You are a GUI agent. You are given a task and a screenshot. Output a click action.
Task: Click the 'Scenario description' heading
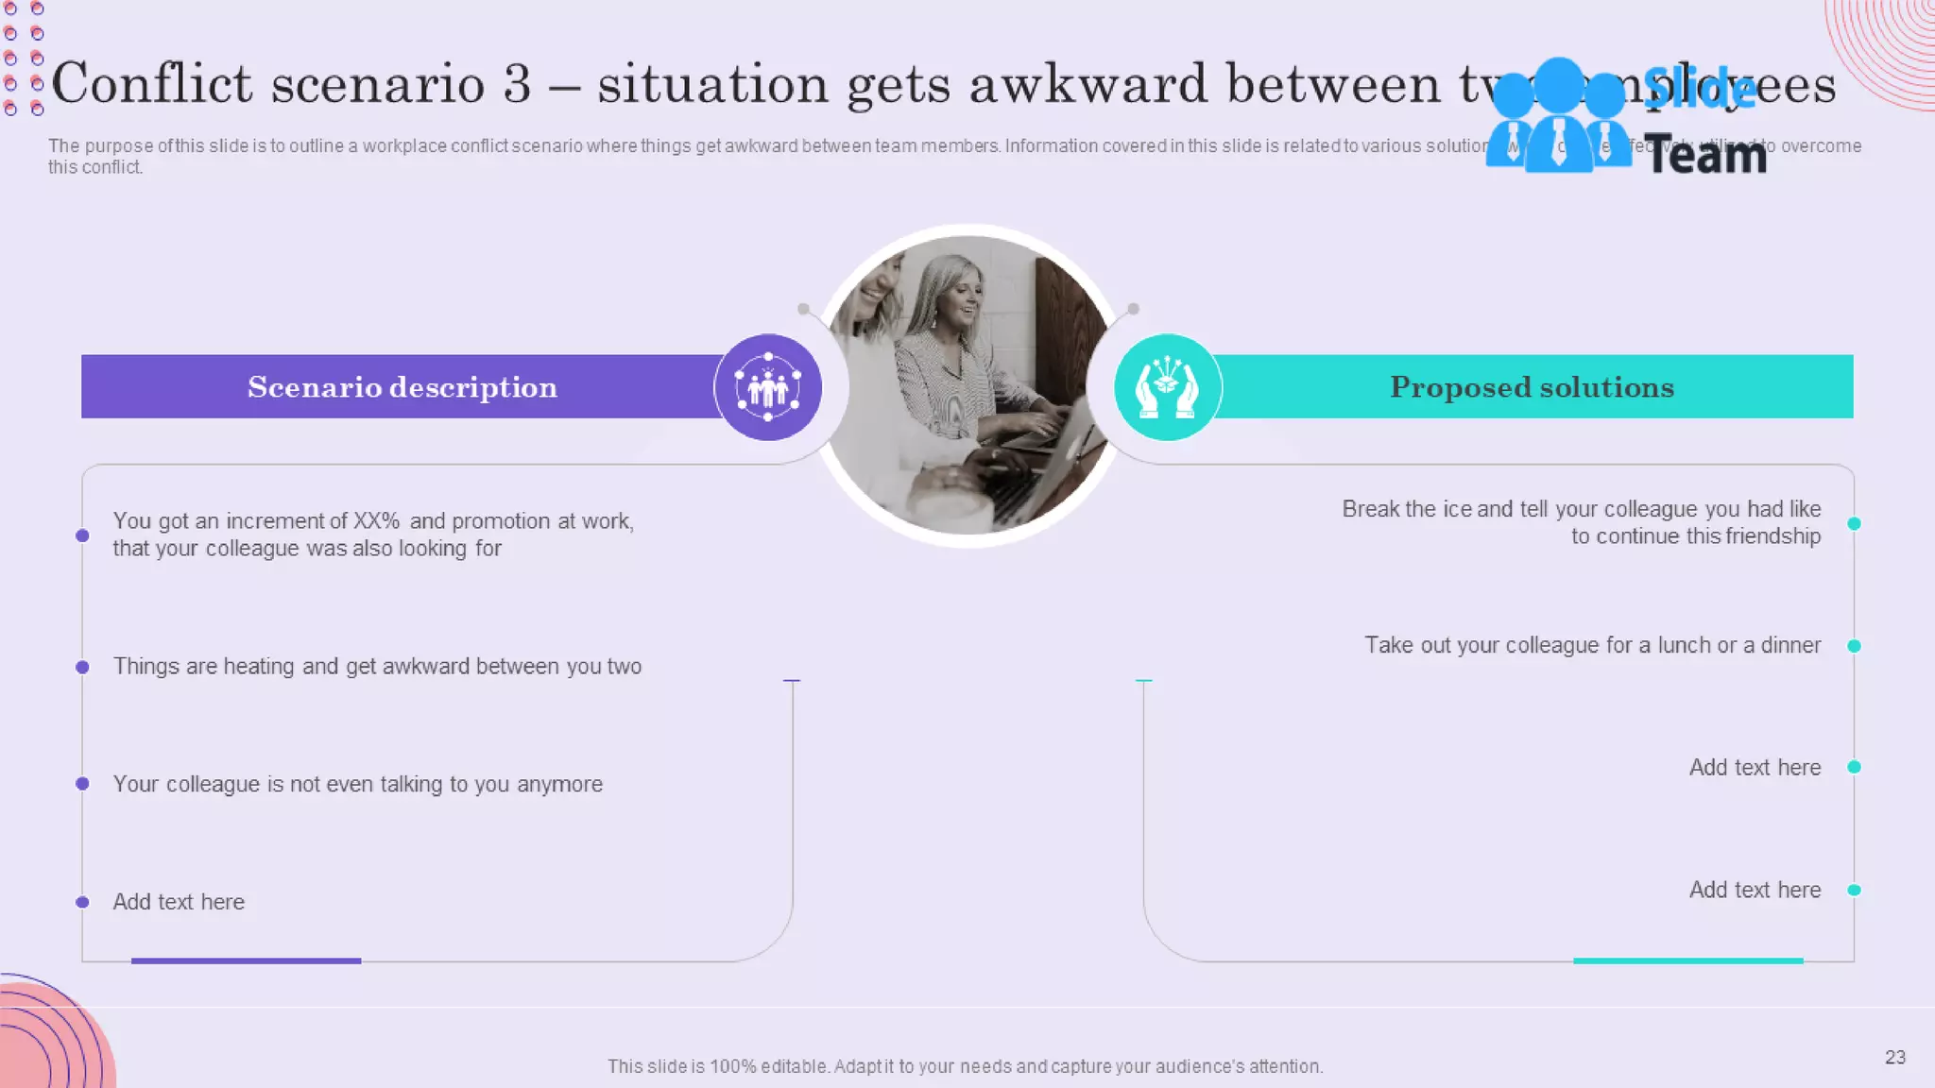click(402, 387)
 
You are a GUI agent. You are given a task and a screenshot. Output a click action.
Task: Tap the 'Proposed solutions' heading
click(1532, 387)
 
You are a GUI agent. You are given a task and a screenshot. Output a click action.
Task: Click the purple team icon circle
click(768, 387)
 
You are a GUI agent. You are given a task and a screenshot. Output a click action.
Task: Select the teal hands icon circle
click(1168, 387)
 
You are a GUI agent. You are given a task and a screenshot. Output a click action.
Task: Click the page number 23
click(1894, 1057)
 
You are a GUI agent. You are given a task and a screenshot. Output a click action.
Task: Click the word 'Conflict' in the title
click(151, 83)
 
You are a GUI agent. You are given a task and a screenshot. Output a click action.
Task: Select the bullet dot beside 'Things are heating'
click(83, 667)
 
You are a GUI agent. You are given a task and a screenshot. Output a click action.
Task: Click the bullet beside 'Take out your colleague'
click(1854, 646)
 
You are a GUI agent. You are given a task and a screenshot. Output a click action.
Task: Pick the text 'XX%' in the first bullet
click(376, 521)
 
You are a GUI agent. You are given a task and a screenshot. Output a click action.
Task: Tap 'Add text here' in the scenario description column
click(179, 902)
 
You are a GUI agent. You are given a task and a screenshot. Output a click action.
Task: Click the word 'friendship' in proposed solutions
click(1772, 536)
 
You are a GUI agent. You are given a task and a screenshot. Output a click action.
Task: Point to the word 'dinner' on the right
click(1790, 645)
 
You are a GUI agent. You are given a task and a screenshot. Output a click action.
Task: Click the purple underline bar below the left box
click(246, 960)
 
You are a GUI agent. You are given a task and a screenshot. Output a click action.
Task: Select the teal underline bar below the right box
click(1687, 960)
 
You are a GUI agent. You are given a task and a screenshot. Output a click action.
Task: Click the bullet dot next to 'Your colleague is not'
click(83, 784)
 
